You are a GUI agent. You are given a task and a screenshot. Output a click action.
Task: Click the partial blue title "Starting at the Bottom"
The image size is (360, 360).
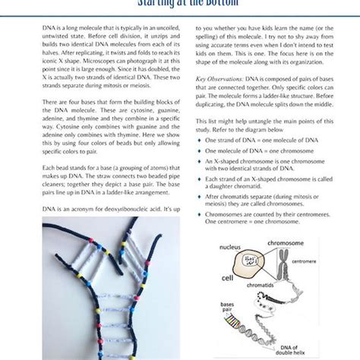180,4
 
